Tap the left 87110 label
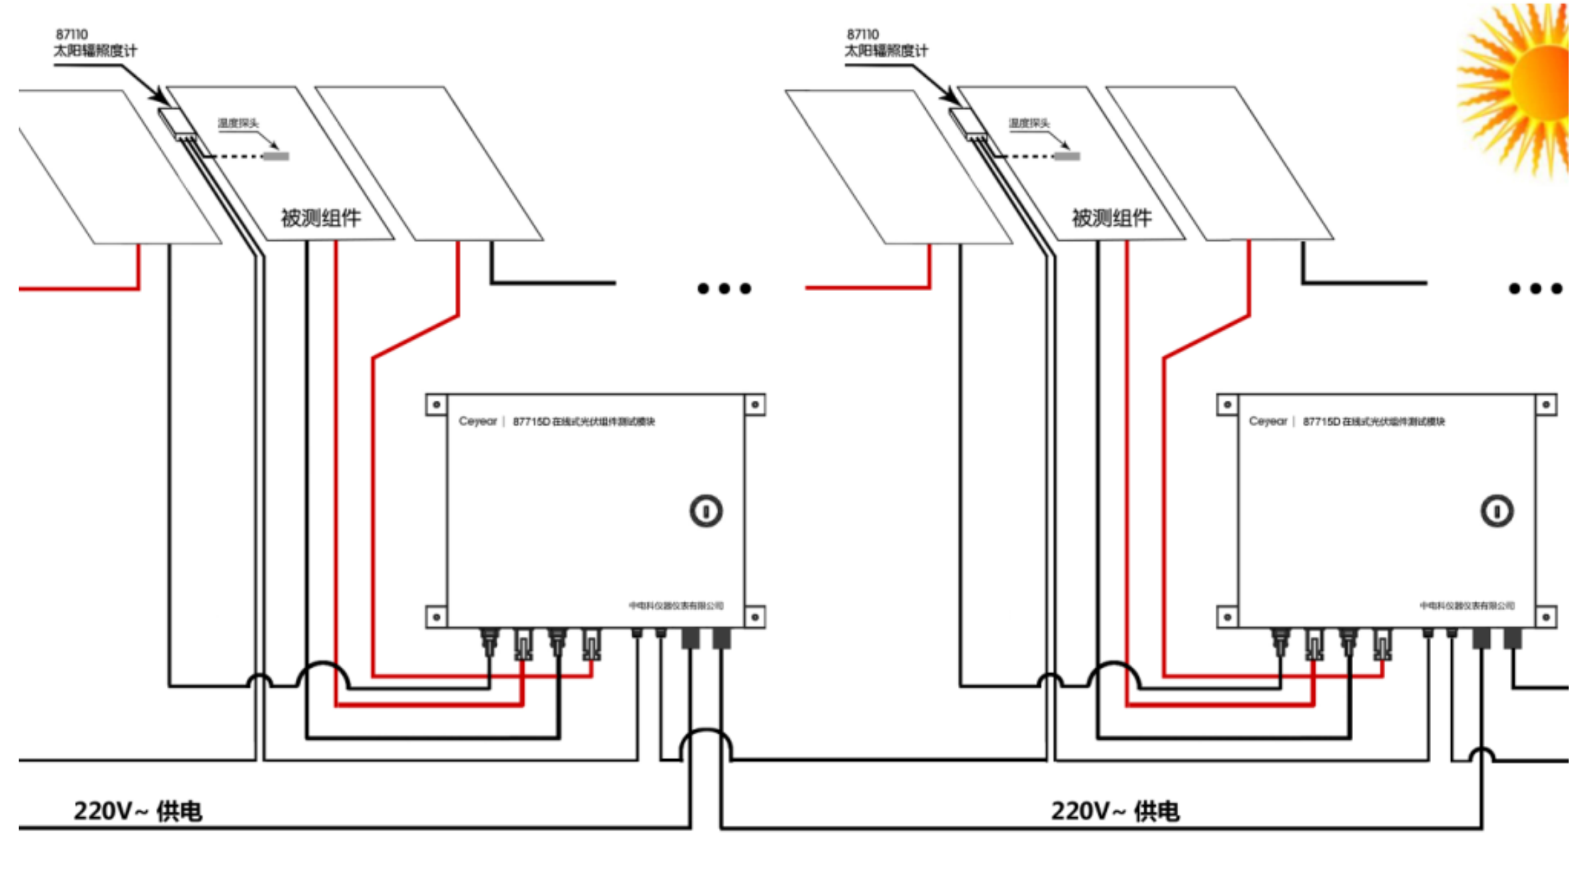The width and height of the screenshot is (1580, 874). point(71,34)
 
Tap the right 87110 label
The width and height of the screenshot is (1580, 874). point(862,34)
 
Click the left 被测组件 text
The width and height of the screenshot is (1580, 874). point(320,218)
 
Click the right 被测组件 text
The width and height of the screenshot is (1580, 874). point(1111,218)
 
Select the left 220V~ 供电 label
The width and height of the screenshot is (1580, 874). point(138,811)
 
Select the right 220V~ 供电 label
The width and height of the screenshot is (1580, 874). point(1115,811)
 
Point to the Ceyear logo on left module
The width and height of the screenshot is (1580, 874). point(478,421)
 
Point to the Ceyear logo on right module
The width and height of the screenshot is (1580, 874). point(1268,421)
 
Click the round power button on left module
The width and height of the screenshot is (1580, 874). point(706,511)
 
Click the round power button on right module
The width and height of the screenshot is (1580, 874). point(1497,511)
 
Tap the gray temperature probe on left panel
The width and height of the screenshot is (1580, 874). point(276,156)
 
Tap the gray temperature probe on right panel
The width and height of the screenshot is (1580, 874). point(1067,156)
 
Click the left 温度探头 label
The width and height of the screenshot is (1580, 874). point(238,123)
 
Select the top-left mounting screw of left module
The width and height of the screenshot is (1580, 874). point(437,405)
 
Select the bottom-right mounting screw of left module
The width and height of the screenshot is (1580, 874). point(755,617)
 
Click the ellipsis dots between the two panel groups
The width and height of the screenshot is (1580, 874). point(724,288)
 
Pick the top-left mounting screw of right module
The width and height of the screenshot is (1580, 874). point(1227,405)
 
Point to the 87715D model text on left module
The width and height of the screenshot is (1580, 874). point(583,421)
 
